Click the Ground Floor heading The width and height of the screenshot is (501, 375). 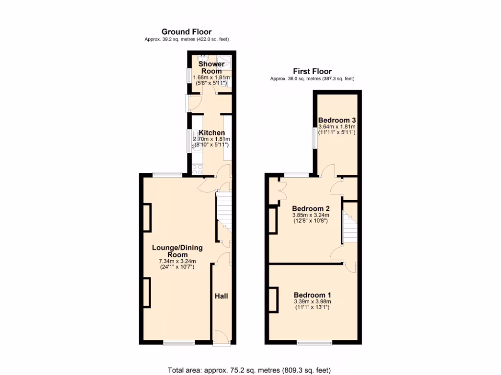[186, 32]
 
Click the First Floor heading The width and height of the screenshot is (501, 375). [312, 71]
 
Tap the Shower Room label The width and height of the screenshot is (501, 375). [211, 67]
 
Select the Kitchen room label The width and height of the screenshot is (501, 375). [211, 133]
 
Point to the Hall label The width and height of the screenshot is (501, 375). [221, 296]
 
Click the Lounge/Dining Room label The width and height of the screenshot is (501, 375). [177, 251]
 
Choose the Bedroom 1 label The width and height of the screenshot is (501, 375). [312, 295]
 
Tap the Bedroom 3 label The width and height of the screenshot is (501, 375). [337, 120]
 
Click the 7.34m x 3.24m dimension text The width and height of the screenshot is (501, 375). [177, 261]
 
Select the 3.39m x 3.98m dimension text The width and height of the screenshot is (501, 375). [312, 302]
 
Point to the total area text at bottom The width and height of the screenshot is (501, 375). [252, 370]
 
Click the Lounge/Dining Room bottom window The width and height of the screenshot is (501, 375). [180, 343]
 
